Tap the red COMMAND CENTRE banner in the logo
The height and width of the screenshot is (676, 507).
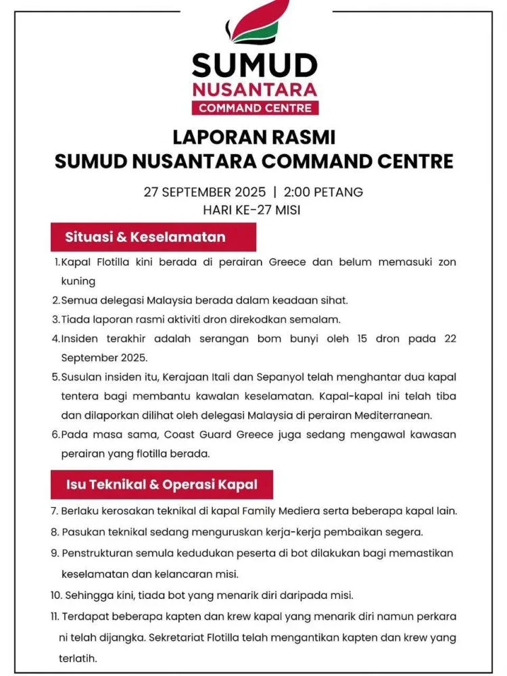click(254, 108)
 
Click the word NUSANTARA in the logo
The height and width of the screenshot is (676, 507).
click(254, 89)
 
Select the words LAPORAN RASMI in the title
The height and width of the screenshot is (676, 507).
click(254, 137)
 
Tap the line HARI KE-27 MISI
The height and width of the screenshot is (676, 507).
click(254, 210)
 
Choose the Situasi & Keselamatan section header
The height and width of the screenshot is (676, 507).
click(145, 237)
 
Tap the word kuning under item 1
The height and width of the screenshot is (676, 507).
click(78, 281)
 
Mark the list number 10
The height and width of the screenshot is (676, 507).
click(56, 595)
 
